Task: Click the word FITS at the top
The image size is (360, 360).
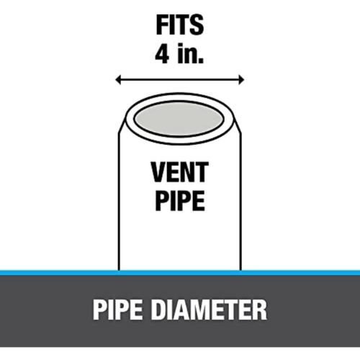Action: coord(180,25)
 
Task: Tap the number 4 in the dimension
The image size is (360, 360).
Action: coord(163,54)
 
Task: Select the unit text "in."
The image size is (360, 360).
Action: coord(191,53)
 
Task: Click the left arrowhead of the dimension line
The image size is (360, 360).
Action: coord(118,79)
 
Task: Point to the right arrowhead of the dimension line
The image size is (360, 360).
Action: coord(241,79)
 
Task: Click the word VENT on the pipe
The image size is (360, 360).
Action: coord(180,172)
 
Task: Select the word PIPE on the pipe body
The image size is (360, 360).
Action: coord(180,201)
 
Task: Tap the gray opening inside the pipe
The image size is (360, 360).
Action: coord(179,119)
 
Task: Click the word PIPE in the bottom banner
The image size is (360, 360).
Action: coord(117,310)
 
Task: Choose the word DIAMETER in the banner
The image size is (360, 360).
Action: coord(209,310)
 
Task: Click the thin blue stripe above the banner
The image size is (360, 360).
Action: coord(180,273)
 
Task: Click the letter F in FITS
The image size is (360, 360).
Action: coord(162,25)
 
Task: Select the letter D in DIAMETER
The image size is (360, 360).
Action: coord(159,310)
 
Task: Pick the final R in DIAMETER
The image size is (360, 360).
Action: coord(260,310)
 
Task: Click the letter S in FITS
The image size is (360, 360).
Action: coord(197,25)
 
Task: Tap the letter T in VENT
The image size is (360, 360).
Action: coord(202,172)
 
